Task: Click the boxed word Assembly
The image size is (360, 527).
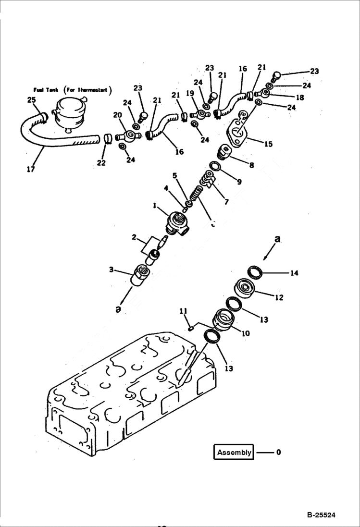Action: click(234, 452)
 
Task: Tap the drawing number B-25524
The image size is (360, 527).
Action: click(321, 515)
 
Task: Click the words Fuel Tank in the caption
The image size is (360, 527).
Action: click(46, 90)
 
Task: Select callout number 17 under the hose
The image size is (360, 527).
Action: click(30, 169)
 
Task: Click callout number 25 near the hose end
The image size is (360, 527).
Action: click(31, 100)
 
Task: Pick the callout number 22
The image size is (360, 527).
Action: click(101, 163)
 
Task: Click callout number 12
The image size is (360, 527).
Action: click(279, 297)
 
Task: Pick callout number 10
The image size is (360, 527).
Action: click(245, 333)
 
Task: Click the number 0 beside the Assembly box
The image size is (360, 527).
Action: click(278, 452)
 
